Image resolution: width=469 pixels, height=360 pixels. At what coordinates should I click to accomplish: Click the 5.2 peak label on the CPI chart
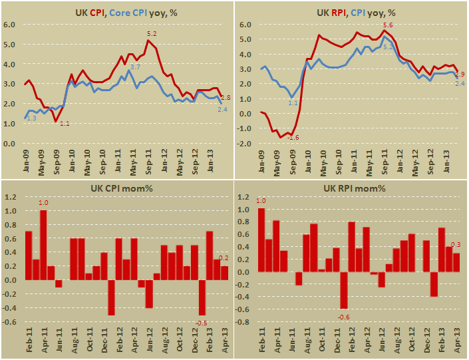(x=151, y=33)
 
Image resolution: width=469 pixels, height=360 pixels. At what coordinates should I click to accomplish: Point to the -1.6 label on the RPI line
(x=293, y=137)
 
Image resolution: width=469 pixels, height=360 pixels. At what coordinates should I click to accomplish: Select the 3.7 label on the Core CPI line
(x=134, y=67)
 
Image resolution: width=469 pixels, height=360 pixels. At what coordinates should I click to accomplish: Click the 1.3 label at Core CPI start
(x=31, y=118)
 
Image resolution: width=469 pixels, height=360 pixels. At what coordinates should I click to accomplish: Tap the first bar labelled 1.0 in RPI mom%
(x=261, y=240)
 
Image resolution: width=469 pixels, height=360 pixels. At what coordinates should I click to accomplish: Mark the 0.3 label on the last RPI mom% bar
(x=456, y=246)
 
